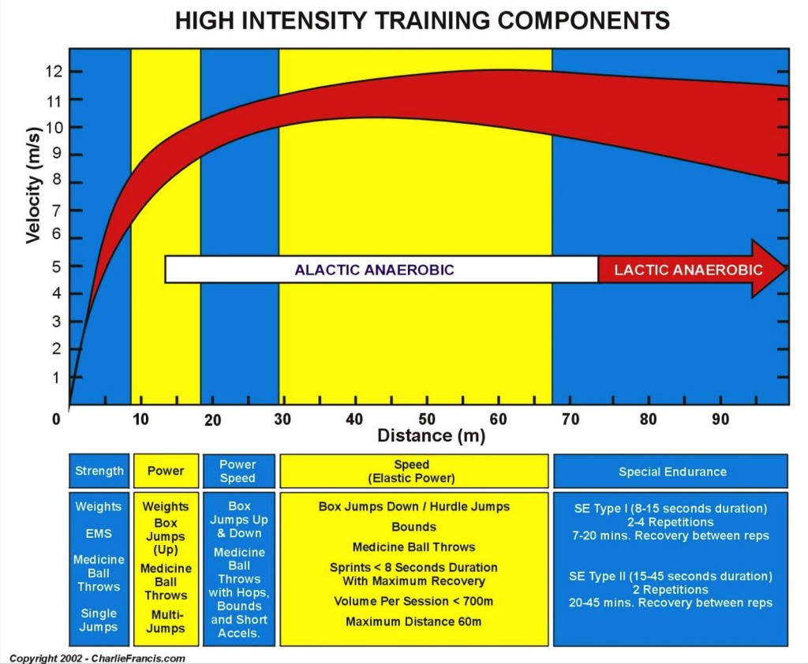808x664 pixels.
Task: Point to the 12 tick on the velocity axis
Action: pyautogui.click(x=54, y=72)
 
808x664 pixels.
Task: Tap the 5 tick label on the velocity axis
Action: pyautogui.click(x=55, y=267)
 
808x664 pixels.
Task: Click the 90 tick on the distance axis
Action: pyautogui.click(x=720, y=420)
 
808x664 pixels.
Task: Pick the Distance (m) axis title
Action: pyautogui.click(x=431, y=435)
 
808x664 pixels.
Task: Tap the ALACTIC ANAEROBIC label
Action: pyautogui.click(x=374, y=270)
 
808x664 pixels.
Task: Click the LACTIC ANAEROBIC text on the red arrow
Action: pyautogui.click(x=688, y=270)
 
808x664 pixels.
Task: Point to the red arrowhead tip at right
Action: pyautogui.click(x=786, y=269)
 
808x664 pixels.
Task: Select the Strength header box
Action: pyautogui.click(x=99, y=471)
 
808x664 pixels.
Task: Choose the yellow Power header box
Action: pyautogui.click(x=166, y=471)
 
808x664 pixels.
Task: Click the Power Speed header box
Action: pyautogui.click(x=238, y=471)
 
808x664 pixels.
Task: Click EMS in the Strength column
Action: pyautogui.click(x=99, y=533)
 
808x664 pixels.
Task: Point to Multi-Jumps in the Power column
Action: pyautogui.click(x=166, y=621)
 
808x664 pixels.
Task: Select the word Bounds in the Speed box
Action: pyautogui.click(x=413, y=527)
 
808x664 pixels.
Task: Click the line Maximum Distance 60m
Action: pyautogui.click(x=413, y=621)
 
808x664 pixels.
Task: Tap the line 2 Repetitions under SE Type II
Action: pyautogui.click(x=670, y=589)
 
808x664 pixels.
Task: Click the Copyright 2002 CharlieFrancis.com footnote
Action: pyautogui.click(x=97, y=658)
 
